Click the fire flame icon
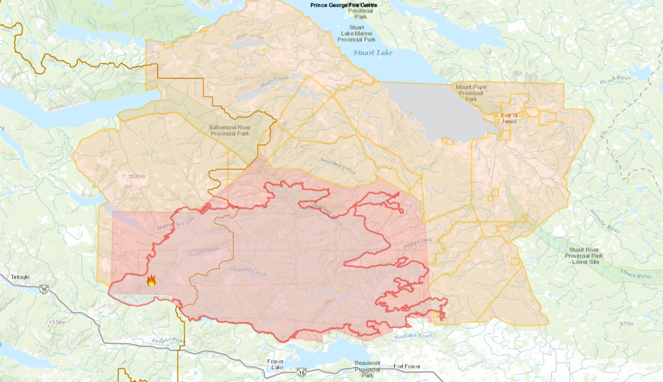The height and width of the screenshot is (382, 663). tap(151, 280)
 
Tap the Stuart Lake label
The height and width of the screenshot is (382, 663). tap(373, 53)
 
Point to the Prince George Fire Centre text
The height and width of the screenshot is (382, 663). tap(344, 5)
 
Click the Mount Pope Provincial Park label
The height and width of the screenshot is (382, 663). tap(471, 93)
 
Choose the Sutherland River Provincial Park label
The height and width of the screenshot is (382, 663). tap(229, 130)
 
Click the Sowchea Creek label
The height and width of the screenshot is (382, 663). tap(338, 164)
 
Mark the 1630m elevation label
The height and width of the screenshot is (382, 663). tap(136, 176)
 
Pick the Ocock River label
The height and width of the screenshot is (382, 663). tap(615, 82)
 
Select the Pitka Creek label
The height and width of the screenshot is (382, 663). tap(417, 243)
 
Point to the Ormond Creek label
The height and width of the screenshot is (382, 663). tap(248, 271)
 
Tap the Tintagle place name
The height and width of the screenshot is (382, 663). tap(20, 277)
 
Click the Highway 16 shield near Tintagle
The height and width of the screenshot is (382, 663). tap(44, 289)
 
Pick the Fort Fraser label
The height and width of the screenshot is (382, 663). tap(406, 366)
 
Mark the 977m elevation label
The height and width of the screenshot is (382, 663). tap(626, 324)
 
